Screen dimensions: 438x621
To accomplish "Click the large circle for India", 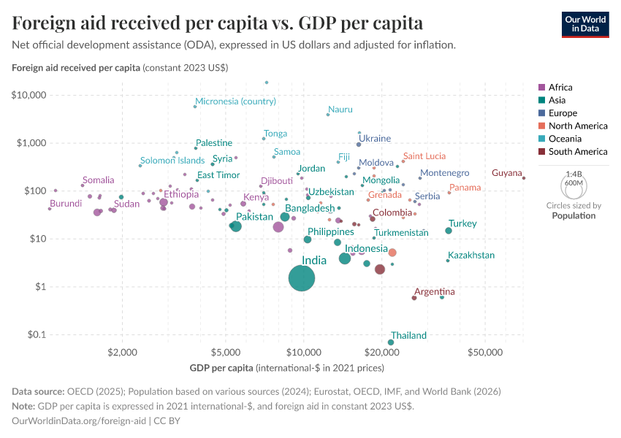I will tap(302, 278).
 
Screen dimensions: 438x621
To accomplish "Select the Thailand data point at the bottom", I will tap(391, 342).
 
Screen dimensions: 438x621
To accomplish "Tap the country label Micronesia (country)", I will tap(235, 101).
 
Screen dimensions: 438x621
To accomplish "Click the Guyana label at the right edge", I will tap(506, 173).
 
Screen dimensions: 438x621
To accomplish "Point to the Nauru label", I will tap(340, 109).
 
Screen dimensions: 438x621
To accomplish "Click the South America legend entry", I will tap(577, 152).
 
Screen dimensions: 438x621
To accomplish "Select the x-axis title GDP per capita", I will tap(221, 366).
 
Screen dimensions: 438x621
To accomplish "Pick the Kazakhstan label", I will tap(471, 255).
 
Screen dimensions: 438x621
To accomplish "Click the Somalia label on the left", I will tap(98, 180).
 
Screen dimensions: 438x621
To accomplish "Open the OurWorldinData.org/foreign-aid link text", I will tap(80, 420).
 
